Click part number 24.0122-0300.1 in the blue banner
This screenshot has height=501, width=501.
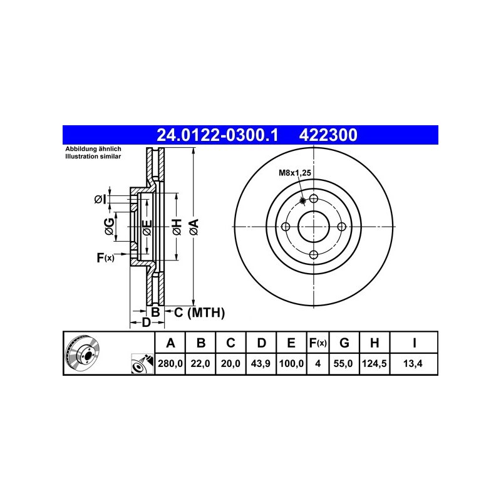(x=217, y=135)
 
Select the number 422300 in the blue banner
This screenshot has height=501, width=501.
(x=328, y=135)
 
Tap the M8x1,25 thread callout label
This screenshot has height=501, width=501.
(x=294, y=173)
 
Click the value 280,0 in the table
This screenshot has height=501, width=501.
(x=170, y=363)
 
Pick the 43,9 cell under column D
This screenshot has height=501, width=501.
(x=261, y=363)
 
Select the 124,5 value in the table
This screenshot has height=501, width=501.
(x=374, y=363)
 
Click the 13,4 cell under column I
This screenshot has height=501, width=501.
(x=413, y=363)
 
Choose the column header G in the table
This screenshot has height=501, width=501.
(x=344, y=343)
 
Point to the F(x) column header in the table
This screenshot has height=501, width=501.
(x=318, y=343)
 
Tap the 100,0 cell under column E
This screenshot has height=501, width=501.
(x=291, y=363)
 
